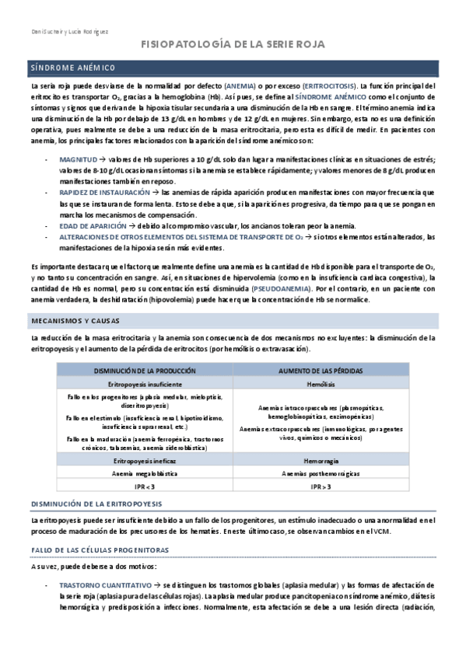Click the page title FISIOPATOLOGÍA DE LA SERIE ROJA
tap(233, 46)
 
